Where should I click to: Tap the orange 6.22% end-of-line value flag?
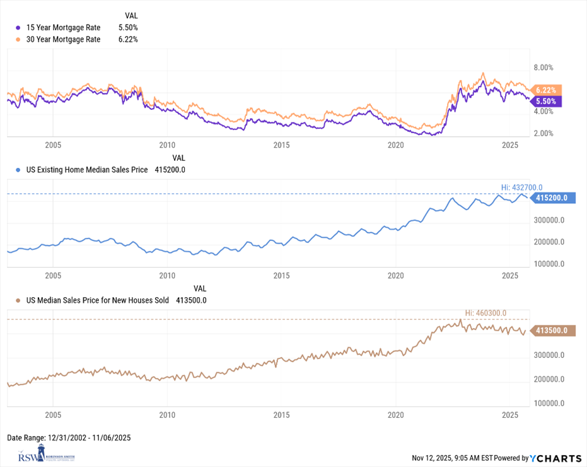click(547, 90)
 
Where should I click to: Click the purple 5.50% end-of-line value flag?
click(547, 101)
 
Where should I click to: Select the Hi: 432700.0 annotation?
click(521, 187)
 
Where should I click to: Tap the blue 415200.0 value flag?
click(551, 198)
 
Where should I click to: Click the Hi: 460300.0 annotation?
click(485, 312)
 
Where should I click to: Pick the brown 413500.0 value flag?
click(551, 330)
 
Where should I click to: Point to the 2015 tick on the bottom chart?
click(281, 415)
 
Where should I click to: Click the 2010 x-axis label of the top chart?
click(167, 145)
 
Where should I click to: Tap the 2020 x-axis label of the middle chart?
click(395, 275)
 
